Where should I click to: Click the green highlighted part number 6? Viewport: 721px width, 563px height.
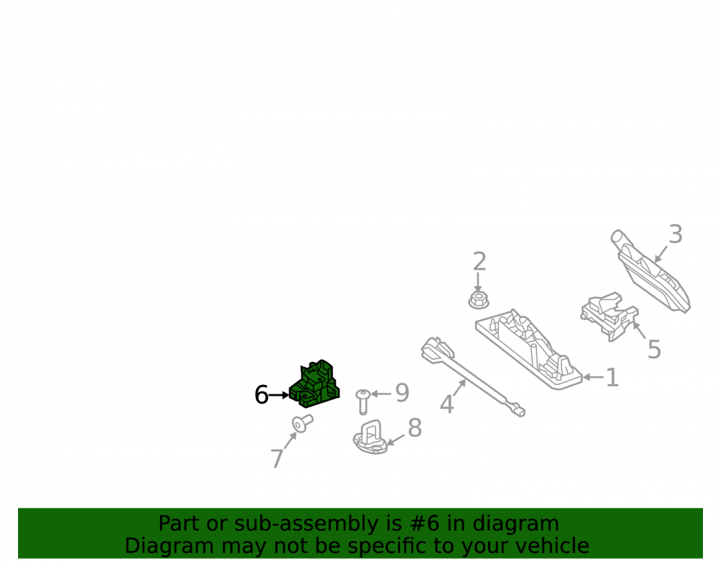[x=315, y=385]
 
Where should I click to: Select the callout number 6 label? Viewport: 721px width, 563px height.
[x=261, y=395]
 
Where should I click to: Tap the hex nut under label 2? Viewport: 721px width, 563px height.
[x=478, y=300]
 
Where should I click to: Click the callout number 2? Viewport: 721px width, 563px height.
[x=479, y=261]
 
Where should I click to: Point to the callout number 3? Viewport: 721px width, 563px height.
[x=675, y=234]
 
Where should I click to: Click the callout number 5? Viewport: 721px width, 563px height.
[x=654, y=350]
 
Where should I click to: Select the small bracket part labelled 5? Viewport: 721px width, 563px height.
[x=609, y=316]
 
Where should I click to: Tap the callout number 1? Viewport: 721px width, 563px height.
[x=612, y=377]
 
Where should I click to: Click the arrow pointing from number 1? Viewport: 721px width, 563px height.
[x=593, y=377]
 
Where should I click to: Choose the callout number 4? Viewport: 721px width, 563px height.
[x=446, y=404]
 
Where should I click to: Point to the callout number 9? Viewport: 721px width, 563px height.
[x=402, y=393]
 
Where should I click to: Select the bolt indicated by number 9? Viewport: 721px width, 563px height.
[x=363, y=402]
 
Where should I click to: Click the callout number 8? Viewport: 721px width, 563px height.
[x=415, y=428]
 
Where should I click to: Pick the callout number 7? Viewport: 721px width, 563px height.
[x=277, y=458]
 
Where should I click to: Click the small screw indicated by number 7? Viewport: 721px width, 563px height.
[x=302, y=423]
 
